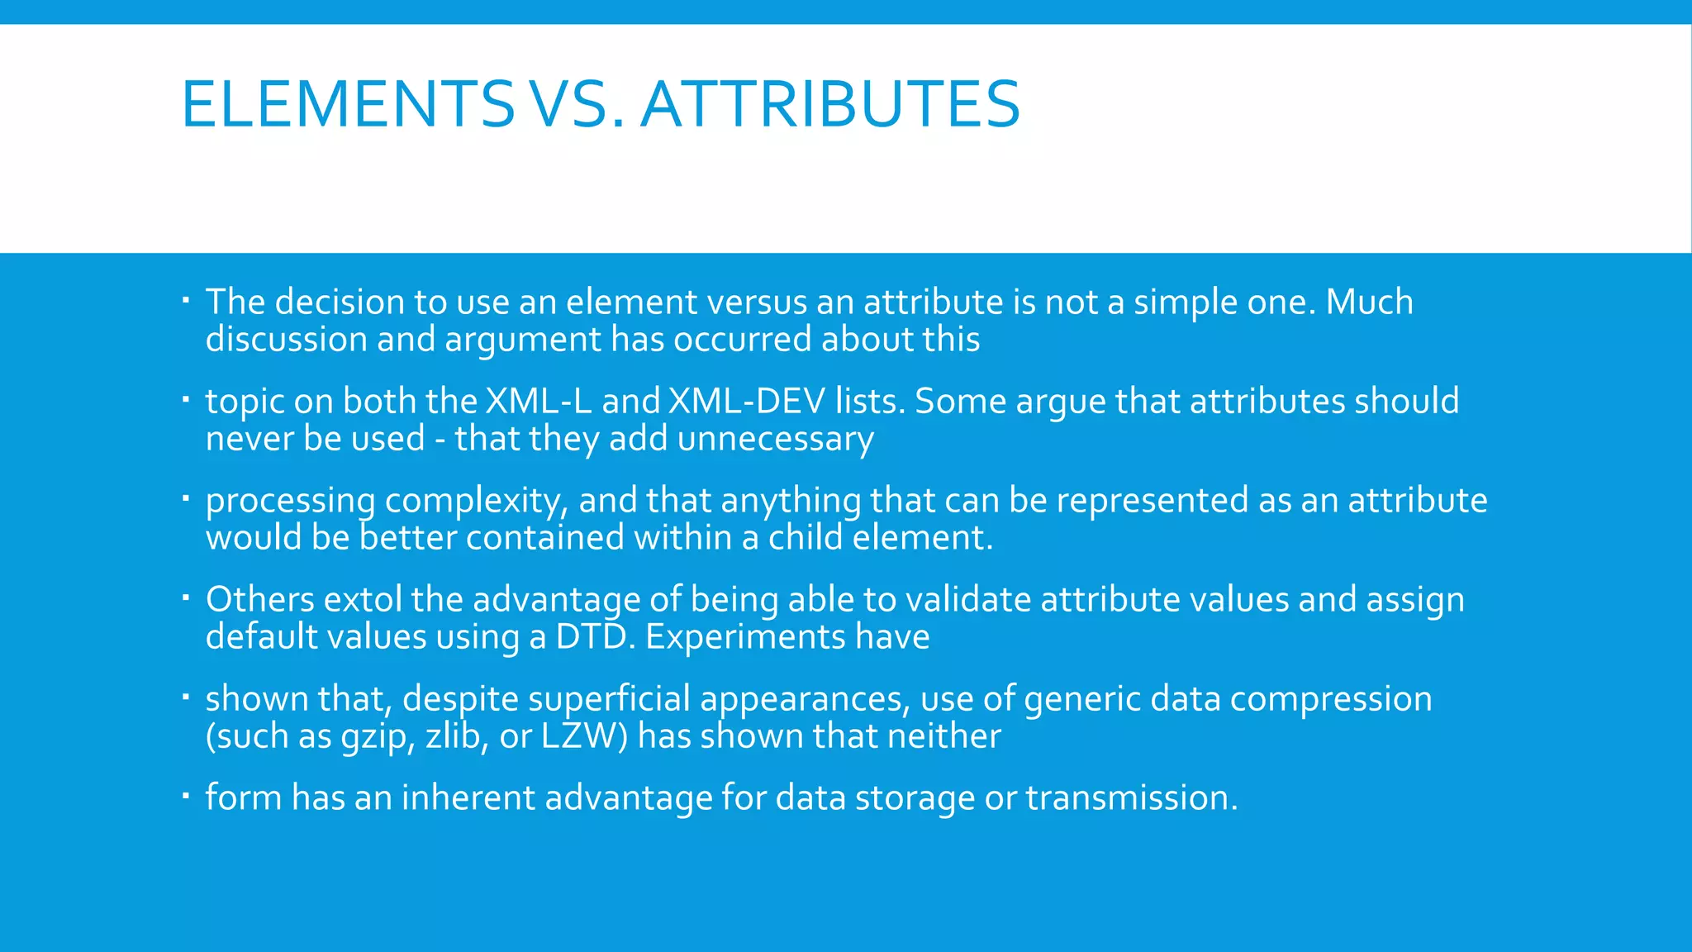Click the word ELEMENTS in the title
point(348,104)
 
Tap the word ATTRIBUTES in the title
point(830,104)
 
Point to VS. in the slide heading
point(576,104)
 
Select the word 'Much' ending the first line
point(1369,302)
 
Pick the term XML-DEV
point(747,402)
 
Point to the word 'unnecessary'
point(775,439)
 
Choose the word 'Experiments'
point(745,637)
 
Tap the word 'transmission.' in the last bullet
point(1132,798)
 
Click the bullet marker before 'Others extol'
point(187,597)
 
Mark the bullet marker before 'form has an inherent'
point(187,796)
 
